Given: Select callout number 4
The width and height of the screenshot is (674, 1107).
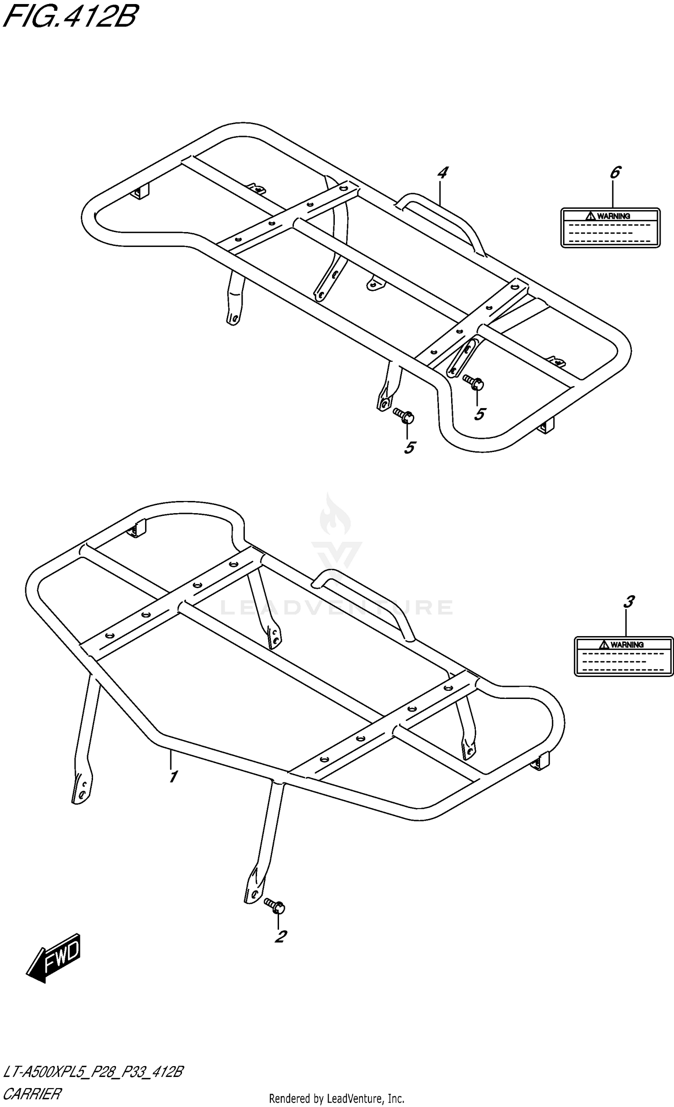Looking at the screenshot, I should coord(443,173).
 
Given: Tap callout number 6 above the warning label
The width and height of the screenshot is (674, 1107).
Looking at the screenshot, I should coord(615,173).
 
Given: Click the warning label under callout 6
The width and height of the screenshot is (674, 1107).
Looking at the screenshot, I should coord(610,227).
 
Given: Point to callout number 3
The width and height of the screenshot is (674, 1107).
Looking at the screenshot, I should coord(629,602).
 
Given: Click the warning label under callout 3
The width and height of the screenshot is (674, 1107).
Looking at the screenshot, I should coord(624,656).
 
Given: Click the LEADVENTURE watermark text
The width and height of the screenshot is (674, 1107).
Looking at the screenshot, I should coord(336,607).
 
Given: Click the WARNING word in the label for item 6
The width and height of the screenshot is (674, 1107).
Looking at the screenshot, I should coord(614,216).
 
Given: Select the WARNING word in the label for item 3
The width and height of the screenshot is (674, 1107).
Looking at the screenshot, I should coord(627,645).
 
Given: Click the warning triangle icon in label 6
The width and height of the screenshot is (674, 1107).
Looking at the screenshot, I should coord(590,216).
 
